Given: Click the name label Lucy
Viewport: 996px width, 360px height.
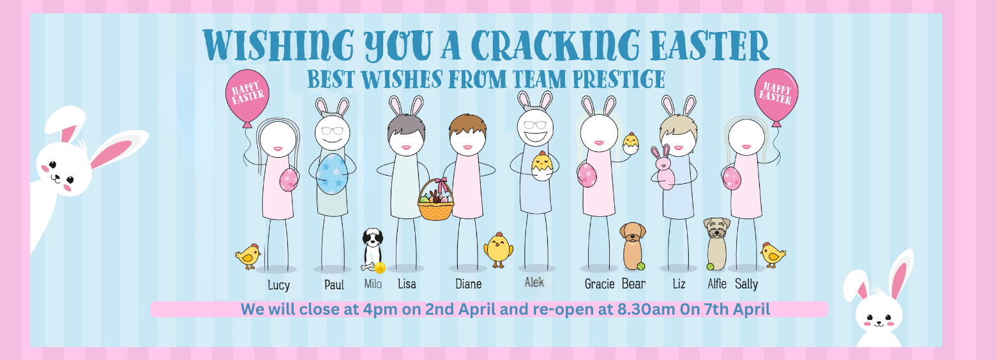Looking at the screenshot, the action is (279, 285).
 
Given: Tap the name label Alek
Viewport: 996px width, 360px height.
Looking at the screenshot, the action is (534, 282).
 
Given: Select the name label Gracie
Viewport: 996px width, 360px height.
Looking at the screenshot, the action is (600, 283).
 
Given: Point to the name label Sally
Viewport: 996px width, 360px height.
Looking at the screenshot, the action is (746, 283).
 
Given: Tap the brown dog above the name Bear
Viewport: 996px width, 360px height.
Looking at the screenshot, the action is (633, 246).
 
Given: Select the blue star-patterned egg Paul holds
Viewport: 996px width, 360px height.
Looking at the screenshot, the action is (332, 174).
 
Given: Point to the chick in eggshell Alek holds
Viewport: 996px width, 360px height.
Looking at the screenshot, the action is (542, 165).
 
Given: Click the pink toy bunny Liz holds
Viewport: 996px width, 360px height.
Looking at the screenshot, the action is (663, 168).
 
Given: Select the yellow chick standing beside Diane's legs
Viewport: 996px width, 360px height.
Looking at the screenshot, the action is (498, 250).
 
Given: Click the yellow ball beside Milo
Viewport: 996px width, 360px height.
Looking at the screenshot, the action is (380, 267).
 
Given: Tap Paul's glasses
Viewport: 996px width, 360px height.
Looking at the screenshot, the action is (332, 131).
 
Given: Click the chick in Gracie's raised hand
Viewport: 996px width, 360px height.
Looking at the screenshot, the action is (631, 143).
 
